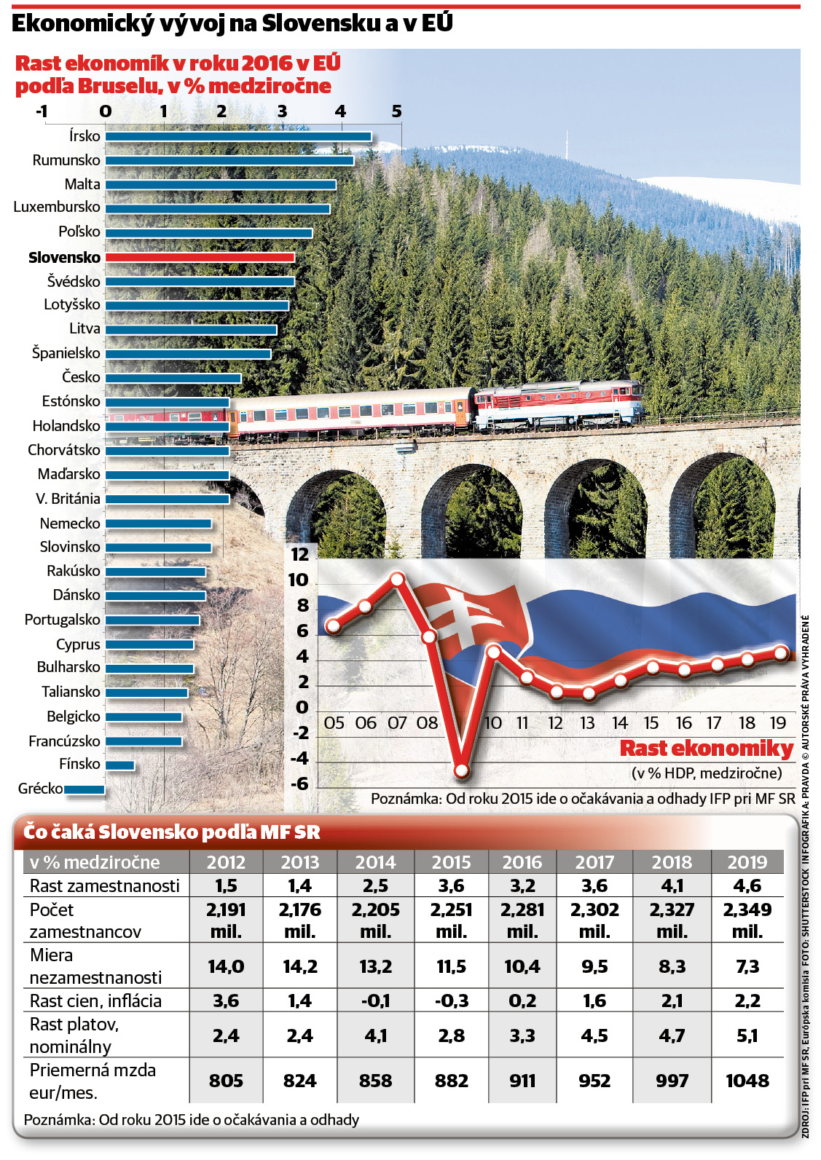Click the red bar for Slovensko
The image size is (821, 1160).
pos(200,257)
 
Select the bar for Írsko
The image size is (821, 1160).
pos(238,137)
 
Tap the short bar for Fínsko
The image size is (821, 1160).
pos(119,765)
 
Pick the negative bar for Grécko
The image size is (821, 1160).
pos(85,790)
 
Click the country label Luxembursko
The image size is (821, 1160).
pos(57,207)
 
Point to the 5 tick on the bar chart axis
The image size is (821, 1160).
pos(396,111)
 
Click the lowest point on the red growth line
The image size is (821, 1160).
pos(462,771)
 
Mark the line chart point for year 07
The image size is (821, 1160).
pos(397,579)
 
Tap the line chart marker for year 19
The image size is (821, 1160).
pos(781,653)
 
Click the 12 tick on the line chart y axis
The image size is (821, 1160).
pos(300,555)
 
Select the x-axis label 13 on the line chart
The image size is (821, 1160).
pos(587,723)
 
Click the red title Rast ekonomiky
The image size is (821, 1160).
pos(707,749)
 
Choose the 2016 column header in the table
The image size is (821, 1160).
pos(522,862)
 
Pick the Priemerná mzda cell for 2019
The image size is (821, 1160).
pos(747,1081)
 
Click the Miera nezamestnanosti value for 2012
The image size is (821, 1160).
pos(226,966)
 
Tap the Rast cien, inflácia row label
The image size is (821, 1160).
pos(96,1001)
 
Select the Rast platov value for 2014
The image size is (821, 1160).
pos(376,1035)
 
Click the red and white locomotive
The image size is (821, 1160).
pos(559,406)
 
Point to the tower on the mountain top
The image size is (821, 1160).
pos(567,145)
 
